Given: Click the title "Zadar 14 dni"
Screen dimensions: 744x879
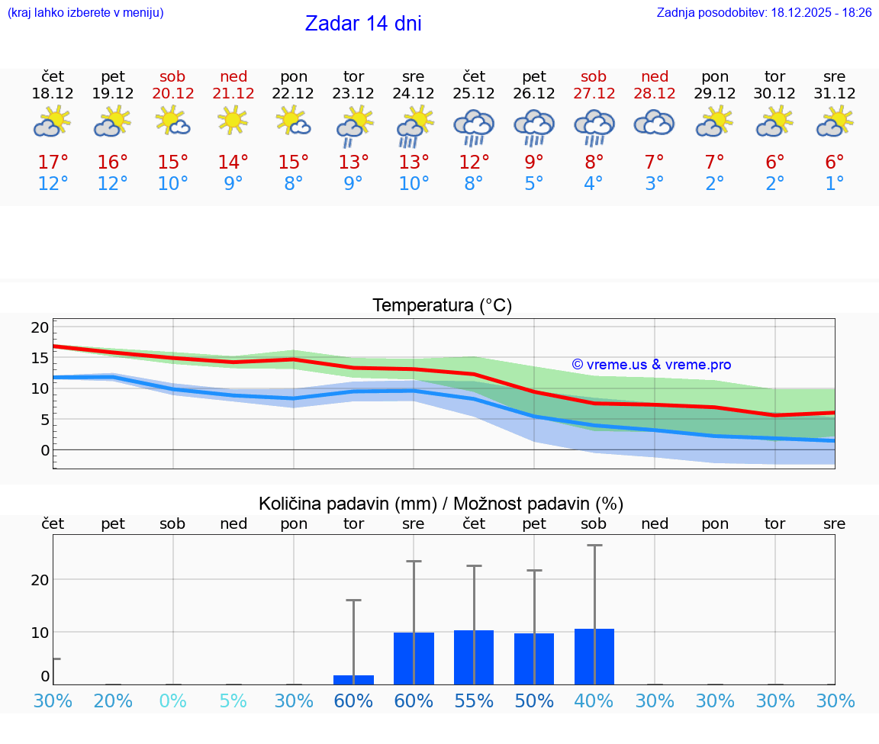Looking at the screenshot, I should click(x=363, y=24).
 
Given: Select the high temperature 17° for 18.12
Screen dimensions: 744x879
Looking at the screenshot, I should click(x=53, y=163).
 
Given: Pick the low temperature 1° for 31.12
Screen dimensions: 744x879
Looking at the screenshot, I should click(x=835, y=184).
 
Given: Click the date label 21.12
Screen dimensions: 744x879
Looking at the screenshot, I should click(x=233, y=93).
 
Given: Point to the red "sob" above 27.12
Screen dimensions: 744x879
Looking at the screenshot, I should click(x=594, y=76).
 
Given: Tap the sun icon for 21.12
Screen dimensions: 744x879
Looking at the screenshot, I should click(x=233, y=121).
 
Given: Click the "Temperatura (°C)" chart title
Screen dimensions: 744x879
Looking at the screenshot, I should click(x=442, y=305).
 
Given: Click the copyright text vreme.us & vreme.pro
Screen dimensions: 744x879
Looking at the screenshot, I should click(x=652, y=365).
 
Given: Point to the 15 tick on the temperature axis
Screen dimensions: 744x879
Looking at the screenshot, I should click(x=40, y=358).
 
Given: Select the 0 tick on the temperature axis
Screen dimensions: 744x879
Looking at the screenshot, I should click(x=45, y=450).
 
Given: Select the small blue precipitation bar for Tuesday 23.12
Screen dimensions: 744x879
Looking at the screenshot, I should click(x=353, y=679).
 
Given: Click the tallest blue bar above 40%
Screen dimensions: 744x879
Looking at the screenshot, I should click(x=594, y=656).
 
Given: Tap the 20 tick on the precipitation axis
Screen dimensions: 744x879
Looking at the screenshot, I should click(x=40, y=579).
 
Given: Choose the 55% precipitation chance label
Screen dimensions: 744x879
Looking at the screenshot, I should click(x=474, y=701).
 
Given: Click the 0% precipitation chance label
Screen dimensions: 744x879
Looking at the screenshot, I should click(x=173, y=701).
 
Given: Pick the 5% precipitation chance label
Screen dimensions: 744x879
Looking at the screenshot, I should click(x=233, y=701).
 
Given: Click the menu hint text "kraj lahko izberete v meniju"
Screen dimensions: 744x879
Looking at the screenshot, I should click(x=85, y=12).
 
